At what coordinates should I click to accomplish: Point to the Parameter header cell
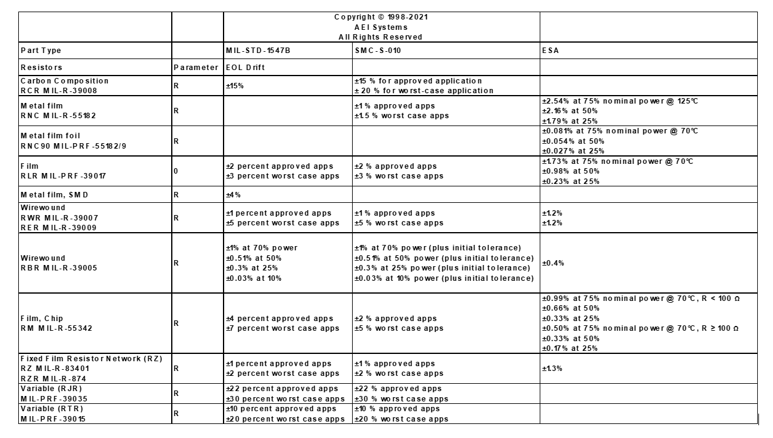pyautogui.click(x=196, y=67)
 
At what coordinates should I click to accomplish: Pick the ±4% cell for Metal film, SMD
pyautogui.click(x=234, y=195)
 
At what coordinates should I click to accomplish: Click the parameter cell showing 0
pyautogui.click(x=176, y=171)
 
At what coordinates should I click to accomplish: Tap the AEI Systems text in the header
pyautogui.click(x=381, y=27)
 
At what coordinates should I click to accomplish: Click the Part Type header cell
pyautogui.click(x=41, y=51)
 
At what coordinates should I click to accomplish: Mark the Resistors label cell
pyautogui.click(x=41, y=67)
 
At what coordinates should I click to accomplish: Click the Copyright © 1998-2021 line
pyautogui.click(x=381, y=17)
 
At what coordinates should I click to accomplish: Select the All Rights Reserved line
pyautogui.click(x=381, y=37)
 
